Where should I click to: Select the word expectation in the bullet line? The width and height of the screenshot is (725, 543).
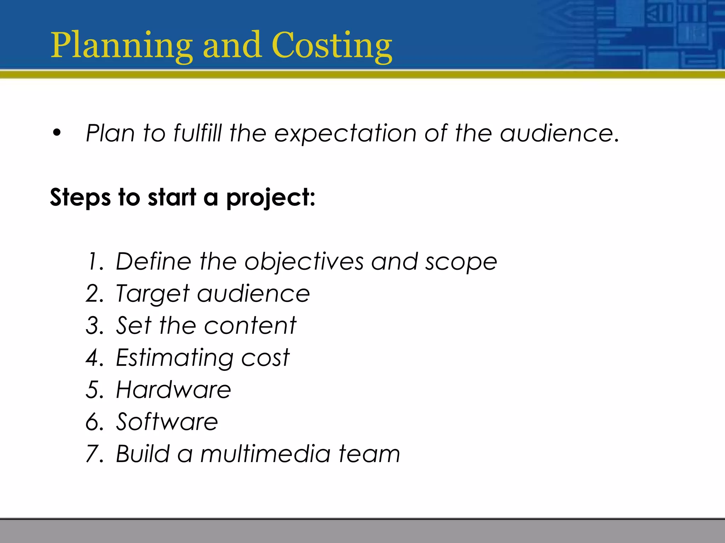(x=345, y=134)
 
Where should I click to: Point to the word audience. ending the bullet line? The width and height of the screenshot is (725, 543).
(x=560, y=133)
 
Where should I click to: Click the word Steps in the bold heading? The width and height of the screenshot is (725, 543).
(x=80, y=198)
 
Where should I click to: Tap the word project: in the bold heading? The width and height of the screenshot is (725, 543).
(x=270, y=198)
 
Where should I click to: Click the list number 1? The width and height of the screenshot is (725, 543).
(x=94, y=262)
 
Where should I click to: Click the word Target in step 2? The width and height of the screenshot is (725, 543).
(x=153, y=294)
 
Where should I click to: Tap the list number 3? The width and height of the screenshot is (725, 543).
(x=94, y=326)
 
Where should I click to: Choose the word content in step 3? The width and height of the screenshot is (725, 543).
(x=250, y=326)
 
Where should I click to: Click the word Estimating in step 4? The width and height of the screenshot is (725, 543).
(x=174, y=358)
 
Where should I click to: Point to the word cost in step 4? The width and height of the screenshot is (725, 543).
(x=265, y=358)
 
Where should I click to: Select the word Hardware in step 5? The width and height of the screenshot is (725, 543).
(x=173, y=390)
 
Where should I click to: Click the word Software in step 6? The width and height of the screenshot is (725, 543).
(x=167, y=422)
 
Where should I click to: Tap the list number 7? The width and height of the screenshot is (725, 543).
(x=94, y=454)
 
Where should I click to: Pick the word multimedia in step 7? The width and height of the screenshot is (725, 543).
(x=265, y=454)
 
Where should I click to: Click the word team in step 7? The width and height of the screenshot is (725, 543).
(x=369, y=454)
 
